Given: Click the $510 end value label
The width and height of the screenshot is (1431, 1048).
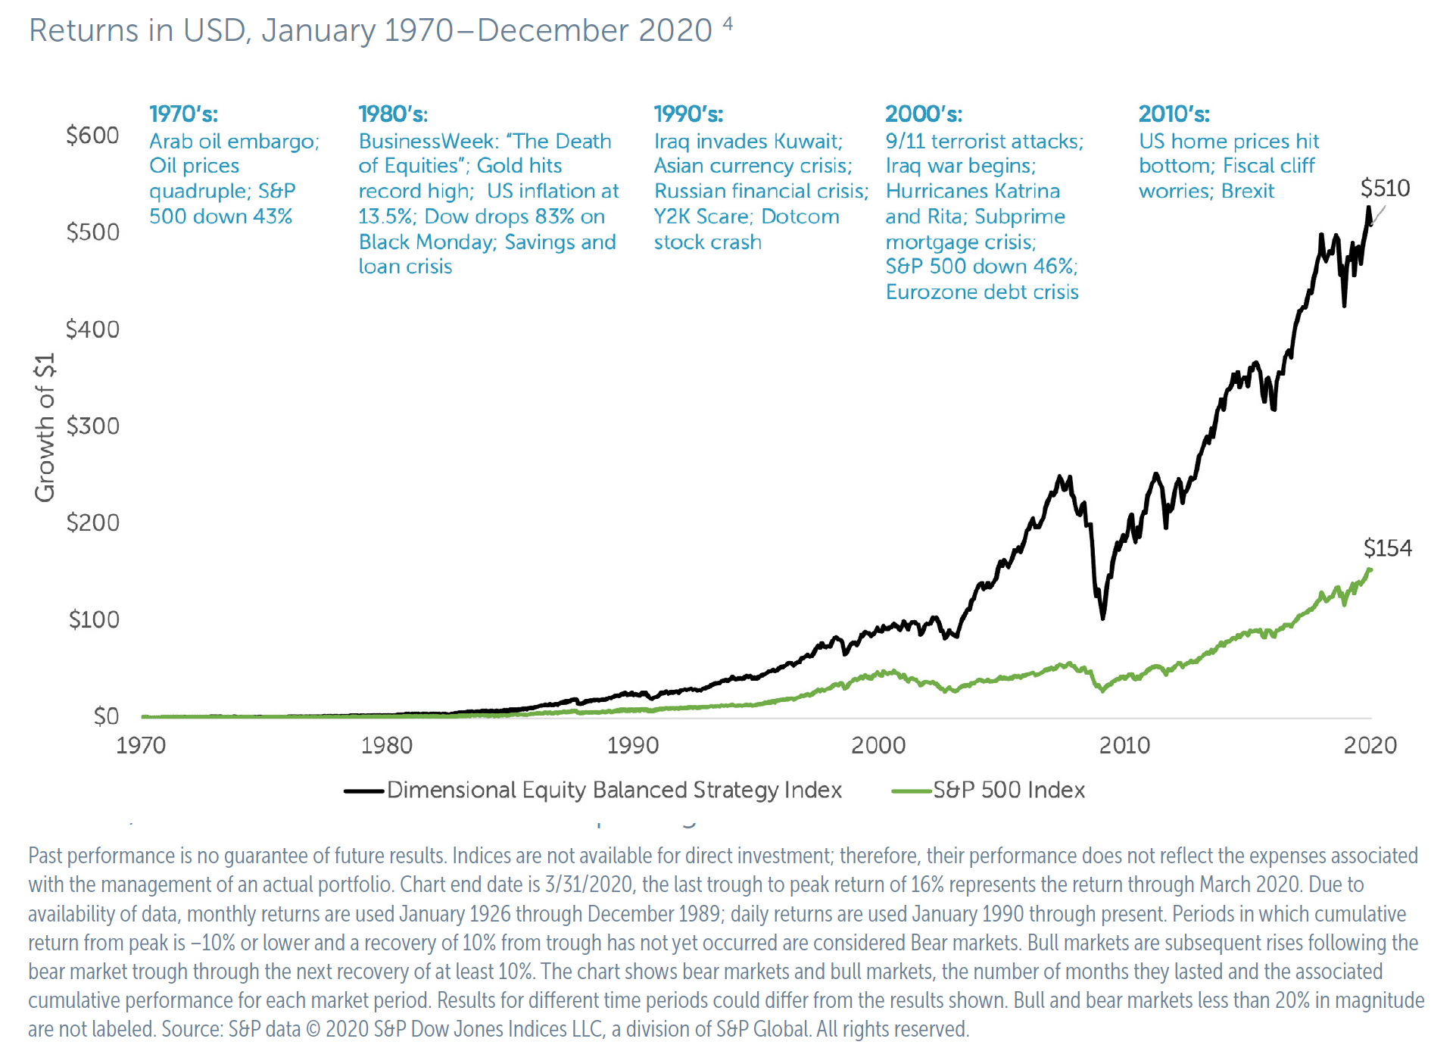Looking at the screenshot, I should click(x=1385, y=188).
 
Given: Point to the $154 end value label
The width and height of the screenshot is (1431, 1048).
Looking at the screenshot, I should click(x=1387, y=547).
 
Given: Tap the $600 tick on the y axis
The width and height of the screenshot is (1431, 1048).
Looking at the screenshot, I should click(x=92, y=136).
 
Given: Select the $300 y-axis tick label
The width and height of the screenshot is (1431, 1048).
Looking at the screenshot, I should click(x=92, y=426).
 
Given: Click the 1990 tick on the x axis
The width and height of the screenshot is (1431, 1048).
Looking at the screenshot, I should click(x=632, y=745).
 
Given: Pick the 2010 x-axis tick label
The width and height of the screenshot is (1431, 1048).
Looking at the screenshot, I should click(x=1124, y=745).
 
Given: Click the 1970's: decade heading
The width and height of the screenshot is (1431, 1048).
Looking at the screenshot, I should click(x=183, y=114).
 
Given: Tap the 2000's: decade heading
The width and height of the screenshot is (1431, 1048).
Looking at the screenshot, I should click(x=923, y=114).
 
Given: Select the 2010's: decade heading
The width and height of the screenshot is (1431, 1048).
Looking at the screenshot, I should click(x=1174, y=114).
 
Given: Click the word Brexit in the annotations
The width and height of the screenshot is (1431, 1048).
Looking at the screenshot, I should click(x=1248, y=191).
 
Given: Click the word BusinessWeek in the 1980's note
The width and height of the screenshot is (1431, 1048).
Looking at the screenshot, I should click(x=426, y=141).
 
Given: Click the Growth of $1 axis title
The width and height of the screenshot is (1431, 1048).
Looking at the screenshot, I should click(x=45, y=427).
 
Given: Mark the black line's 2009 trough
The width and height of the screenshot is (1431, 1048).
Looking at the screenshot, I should click(x=1102, y=618).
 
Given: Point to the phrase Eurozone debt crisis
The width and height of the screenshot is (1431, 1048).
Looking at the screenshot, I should click(x=981, y=292).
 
